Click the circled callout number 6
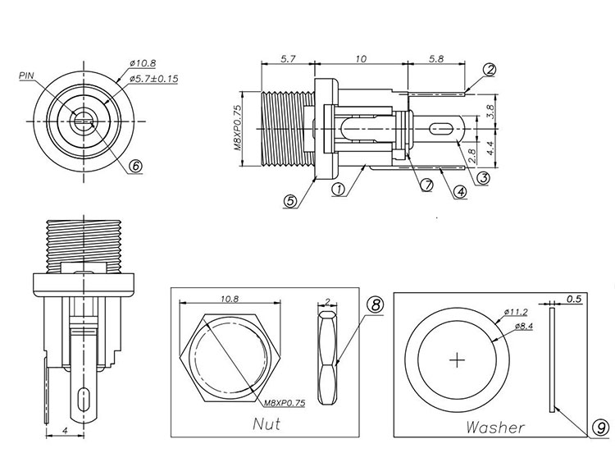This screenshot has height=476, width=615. (136, 164)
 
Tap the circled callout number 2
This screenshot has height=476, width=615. (490, 70)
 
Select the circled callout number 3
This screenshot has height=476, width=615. (483, 176)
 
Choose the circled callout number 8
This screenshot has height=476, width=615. (376, 305)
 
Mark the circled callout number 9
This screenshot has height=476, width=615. (600, 428)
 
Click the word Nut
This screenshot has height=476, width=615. (265, 423)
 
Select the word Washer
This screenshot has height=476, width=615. (495, 427)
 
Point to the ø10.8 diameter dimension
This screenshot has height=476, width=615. (143, 62)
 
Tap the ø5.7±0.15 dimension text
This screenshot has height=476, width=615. (154, 79)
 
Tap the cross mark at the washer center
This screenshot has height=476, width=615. (458, 359)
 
